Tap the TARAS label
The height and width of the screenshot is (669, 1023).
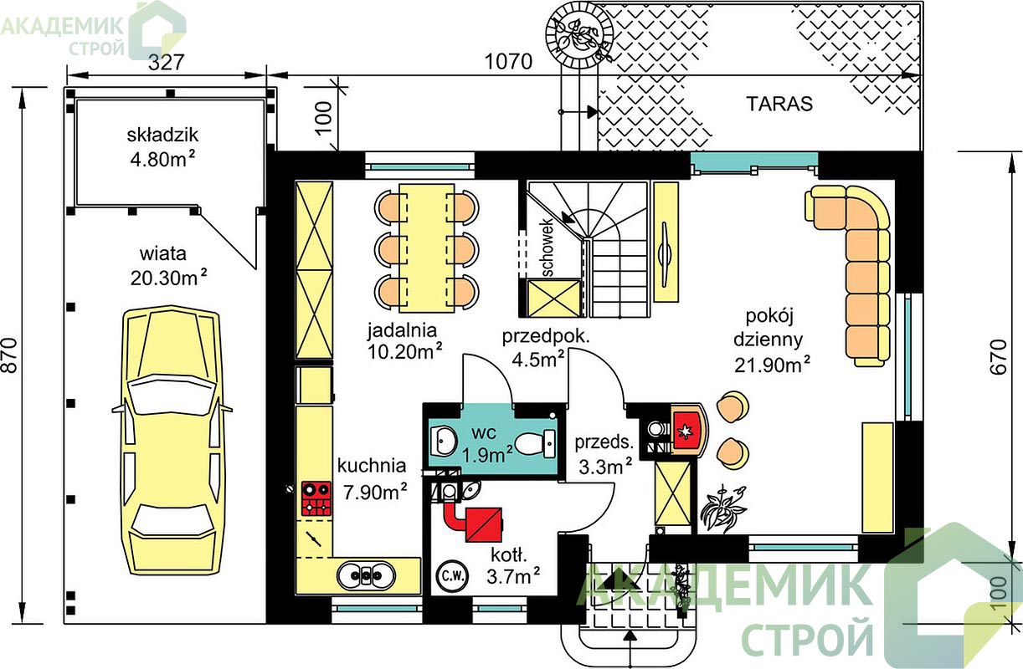[779, 104]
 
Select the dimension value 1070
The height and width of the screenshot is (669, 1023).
[508, 62]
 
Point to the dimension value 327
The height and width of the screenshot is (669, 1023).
[167, 62]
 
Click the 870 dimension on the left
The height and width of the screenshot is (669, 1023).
[10, 355]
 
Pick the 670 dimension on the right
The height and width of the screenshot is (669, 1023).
[999, 357]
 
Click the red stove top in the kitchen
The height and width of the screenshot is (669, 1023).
[316, 498]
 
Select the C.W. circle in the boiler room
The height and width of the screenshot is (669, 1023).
[452, 575]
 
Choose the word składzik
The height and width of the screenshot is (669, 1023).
[162, 135]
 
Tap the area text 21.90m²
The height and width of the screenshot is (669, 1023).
[773, 364]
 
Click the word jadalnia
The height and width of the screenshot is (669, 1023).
[403, 330]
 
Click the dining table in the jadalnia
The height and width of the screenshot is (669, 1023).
[427, 248]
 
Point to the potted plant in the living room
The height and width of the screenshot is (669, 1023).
[724, 508]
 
